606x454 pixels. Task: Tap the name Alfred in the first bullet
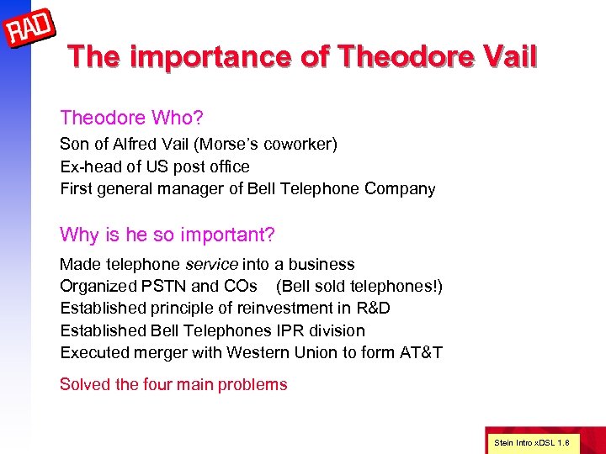(144, 145)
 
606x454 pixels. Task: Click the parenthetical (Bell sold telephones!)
(359, 286)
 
